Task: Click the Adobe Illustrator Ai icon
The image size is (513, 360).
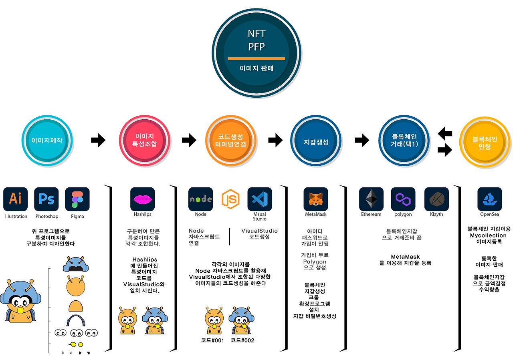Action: click(x=16, y=199)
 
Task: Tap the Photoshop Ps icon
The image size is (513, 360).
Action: click(x=46, y=199)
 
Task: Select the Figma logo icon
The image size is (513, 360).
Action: click(x=77, y=199)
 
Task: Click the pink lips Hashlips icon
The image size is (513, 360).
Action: click(x=142, y=199)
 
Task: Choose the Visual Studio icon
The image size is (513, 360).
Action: click(x=259, y=199)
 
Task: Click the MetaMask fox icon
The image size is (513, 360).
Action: click(x=316, y=199)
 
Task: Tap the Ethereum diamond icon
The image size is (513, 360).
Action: click(x=371, y=199)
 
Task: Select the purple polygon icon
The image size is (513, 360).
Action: click(x=403, y=199)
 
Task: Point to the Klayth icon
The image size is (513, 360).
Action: click(x=436, y=199)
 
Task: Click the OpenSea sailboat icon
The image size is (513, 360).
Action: click(x=489, y=199)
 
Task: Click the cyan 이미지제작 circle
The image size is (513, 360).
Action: click(x=47, y=141)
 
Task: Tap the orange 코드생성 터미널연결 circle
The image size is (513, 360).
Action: click(x=230, y=141)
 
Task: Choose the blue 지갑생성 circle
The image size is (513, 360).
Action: click(x=316, y=141)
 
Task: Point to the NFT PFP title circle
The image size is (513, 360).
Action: click(x=256, y=50)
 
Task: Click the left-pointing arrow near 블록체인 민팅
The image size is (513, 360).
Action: click(x=445, y=133)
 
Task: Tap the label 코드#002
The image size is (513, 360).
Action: click(x=242, y=341)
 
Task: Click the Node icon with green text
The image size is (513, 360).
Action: click(x=200, y=199)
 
